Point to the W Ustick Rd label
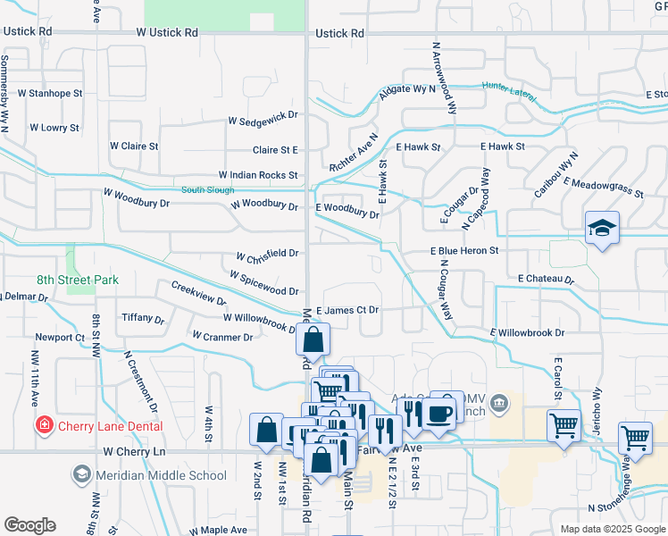[x=167, y=33]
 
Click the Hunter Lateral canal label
[x=506, y=87]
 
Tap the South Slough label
[x=207, y=190]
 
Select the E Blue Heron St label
[x=463, y=252]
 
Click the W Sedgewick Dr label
[x=263, y=118]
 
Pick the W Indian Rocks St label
[x=258, y=176]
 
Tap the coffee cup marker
[x=440, y=412]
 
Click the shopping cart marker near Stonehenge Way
[x=635, y=439]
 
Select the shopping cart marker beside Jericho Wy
[x=564, y=426]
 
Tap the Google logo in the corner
[x=29, y=525]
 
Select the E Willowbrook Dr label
[x=527, y=332]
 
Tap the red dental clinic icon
[x=43, y=425]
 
